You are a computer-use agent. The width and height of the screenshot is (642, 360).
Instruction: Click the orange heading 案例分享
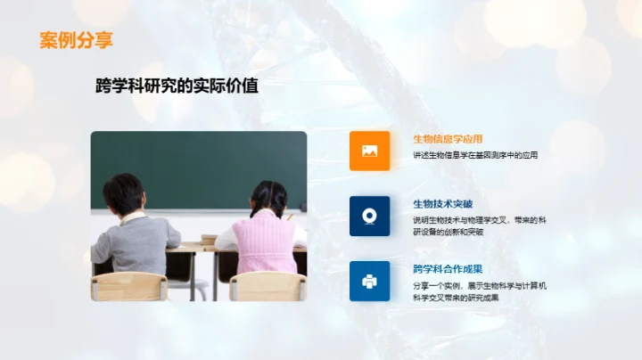point(76,40)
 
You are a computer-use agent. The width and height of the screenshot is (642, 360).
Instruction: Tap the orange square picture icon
point(369,151)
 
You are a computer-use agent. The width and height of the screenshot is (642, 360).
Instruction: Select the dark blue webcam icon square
point(369,216)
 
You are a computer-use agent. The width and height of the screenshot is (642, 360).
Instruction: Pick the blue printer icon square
point(369,281)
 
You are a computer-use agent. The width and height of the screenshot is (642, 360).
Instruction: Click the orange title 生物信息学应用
point(448,139)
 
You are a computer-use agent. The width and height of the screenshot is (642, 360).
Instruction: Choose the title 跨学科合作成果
point(448,268)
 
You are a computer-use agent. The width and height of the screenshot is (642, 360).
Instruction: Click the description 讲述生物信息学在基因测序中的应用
point(475,155)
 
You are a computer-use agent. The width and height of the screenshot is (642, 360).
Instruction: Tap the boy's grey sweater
point(134,244)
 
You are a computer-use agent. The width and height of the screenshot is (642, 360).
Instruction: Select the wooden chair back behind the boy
point(129,286)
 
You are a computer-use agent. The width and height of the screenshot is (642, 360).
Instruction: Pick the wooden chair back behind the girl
point(267,286)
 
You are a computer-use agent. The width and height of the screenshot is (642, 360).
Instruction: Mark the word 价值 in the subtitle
point(254,87)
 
